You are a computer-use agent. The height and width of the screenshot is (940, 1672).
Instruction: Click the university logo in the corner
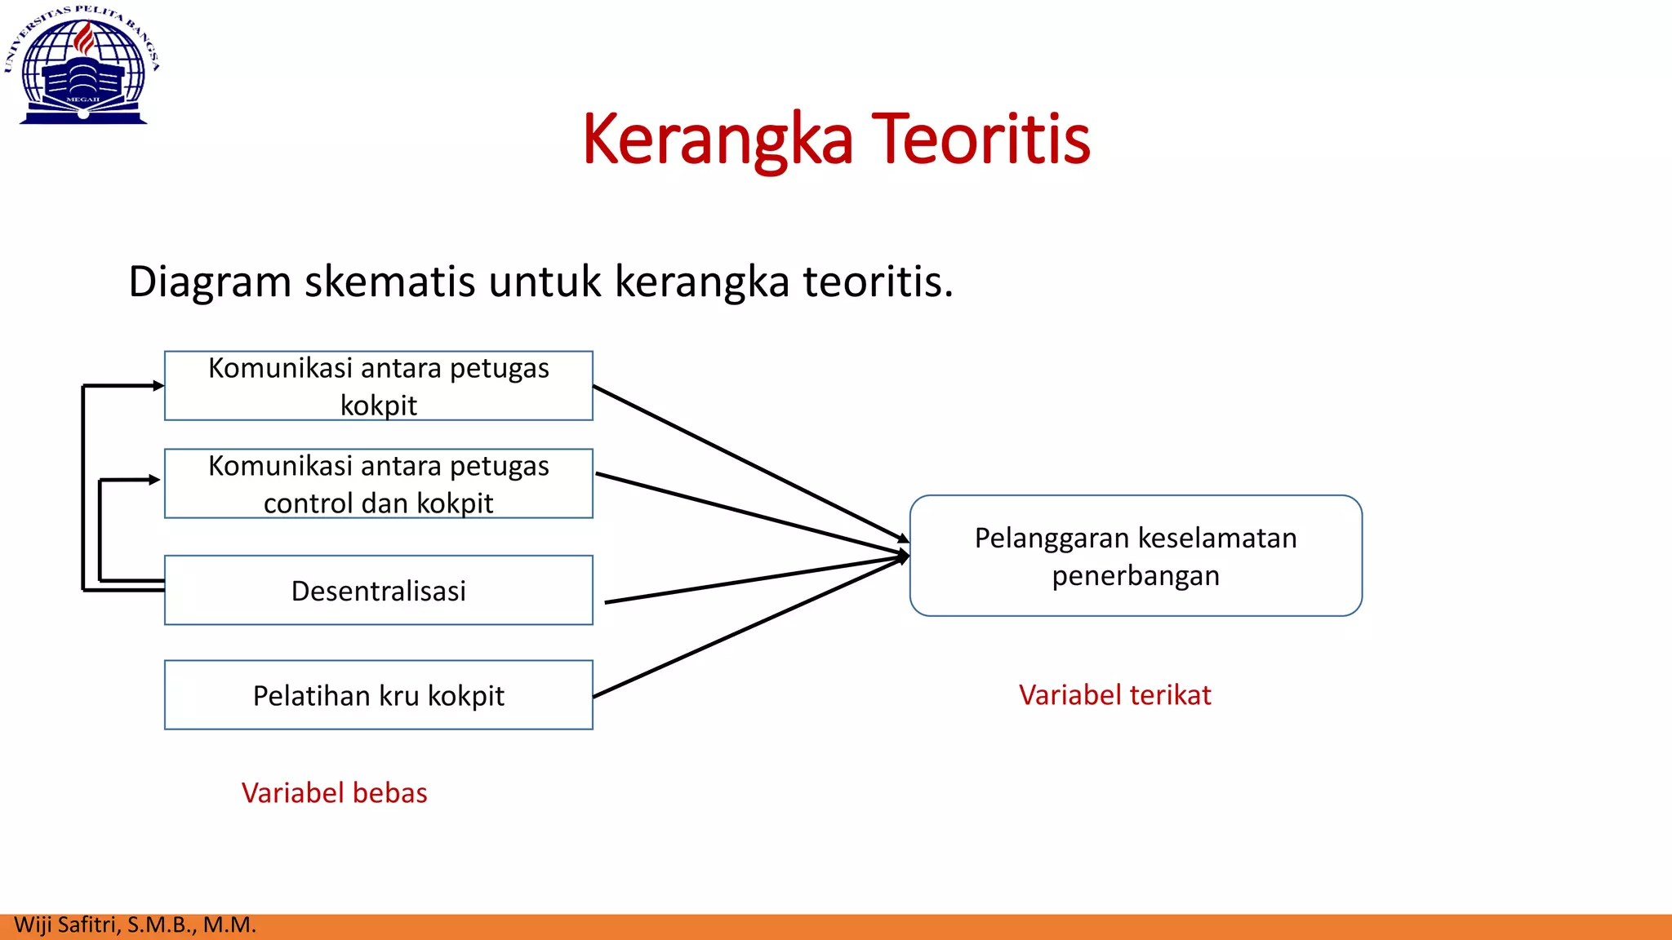(82, 65)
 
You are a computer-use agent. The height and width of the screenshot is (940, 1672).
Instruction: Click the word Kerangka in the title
(717, 140)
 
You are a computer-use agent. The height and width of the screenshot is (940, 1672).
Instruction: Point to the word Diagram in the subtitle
(210, 282)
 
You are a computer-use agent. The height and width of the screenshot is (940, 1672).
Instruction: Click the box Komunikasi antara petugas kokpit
(378, 386)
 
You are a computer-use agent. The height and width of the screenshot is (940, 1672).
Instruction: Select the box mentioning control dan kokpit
(378, 484)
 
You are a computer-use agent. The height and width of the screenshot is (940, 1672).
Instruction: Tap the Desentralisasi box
(378, 591)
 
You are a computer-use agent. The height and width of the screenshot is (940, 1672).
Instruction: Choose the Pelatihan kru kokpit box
(378, 695)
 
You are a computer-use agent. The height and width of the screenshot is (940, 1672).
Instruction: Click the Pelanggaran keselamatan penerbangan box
(1136, 556)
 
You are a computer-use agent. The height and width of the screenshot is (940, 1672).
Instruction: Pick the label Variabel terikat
(1114, 695)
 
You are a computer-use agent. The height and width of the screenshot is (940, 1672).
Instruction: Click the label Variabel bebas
(334, 793)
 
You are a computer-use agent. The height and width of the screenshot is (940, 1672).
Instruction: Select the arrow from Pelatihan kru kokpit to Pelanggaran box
(751, 627)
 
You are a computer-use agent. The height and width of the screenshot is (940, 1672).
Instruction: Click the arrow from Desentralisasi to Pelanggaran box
(755, 580)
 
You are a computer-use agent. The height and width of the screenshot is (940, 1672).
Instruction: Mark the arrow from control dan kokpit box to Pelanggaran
(751, 513)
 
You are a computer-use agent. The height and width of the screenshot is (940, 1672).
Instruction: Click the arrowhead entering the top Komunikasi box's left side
(158, 386)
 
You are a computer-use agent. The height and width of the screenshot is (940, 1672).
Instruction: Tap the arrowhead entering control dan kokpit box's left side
(154, 480)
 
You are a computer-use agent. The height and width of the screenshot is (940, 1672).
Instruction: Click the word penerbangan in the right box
(1135, 576)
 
